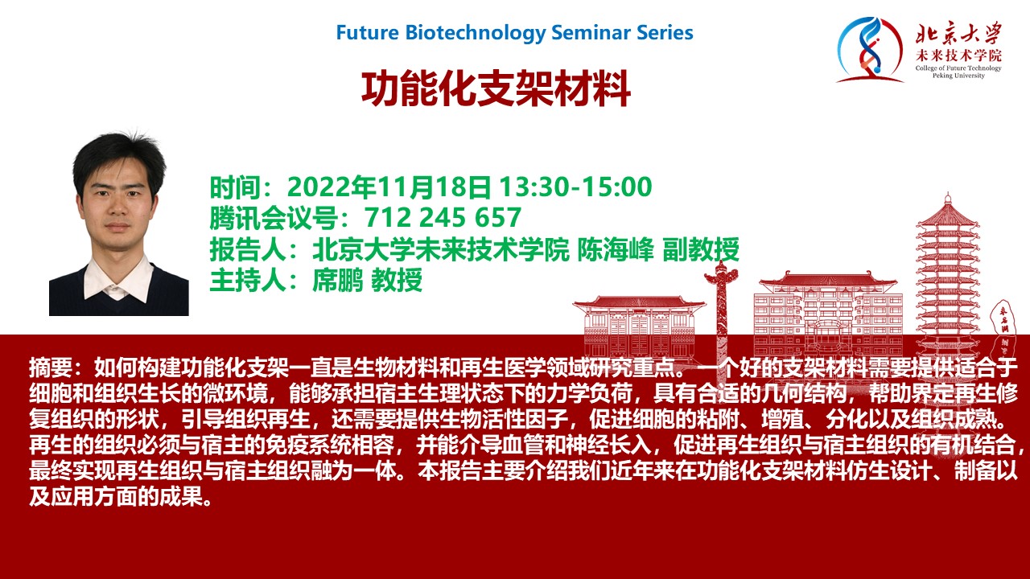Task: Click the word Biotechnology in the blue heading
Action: (475, 33)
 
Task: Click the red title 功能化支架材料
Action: (496, 89)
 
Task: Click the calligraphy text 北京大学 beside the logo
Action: (959, 33)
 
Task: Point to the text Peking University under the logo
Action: (958, 76)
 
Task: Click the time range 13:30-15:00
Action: (575, 187)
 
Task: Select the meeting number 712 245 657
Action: (443, 217)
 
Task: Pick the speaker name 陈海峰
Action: (616, 249)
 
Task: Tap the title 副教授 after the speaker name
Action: (701, 249)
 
